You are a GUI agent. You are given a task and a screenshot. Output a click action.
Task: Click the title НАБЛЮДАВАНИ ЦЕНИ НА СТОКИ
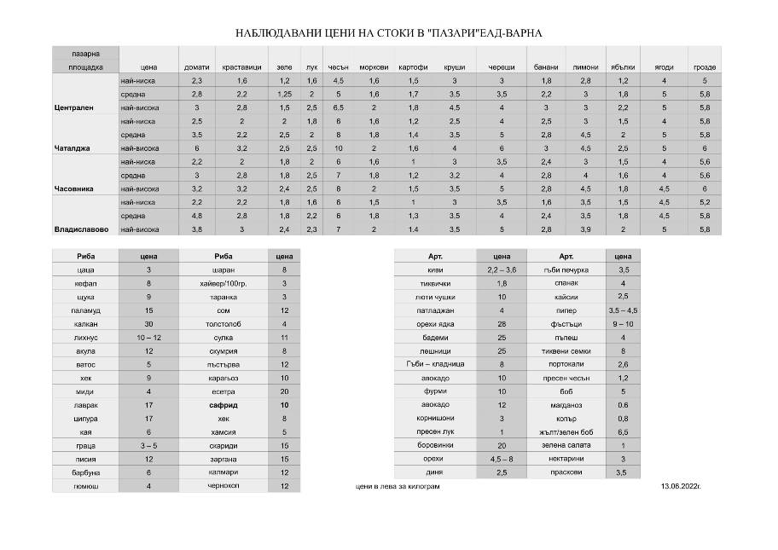click(x=388, y=33)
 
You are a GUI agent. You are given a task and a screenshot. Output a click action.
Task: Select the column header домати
click(x=197, y=67)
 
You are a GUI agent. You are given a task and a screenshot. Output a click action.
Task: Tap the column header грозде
click(x=704, y=67)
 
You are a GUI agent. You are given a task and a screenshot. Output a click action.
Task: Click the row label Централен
click(x=73, y=107)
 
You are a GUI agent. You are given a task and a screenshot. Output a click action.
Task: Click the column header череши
click(x=502, y=67)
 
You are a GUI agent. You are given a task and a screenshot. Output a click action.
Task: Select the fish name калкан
click(x=84, y=324)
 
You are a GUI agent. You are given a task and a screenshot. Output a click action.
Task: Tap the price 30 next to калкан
click(x=148, y=324)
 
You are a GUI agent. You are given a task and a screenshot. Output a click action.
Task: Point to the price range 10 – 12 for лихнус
click(x=148, y=338)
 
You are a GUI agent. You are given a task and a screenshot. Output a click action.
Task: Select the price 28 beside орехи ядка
click(x=502, y=324)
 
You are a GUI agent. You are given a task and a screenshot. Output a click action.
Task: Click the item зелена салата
click(x=566, y=445)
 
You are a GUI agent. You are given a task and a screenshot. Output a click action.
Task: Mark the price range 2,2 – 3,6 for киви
click(x=502, y=269)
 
